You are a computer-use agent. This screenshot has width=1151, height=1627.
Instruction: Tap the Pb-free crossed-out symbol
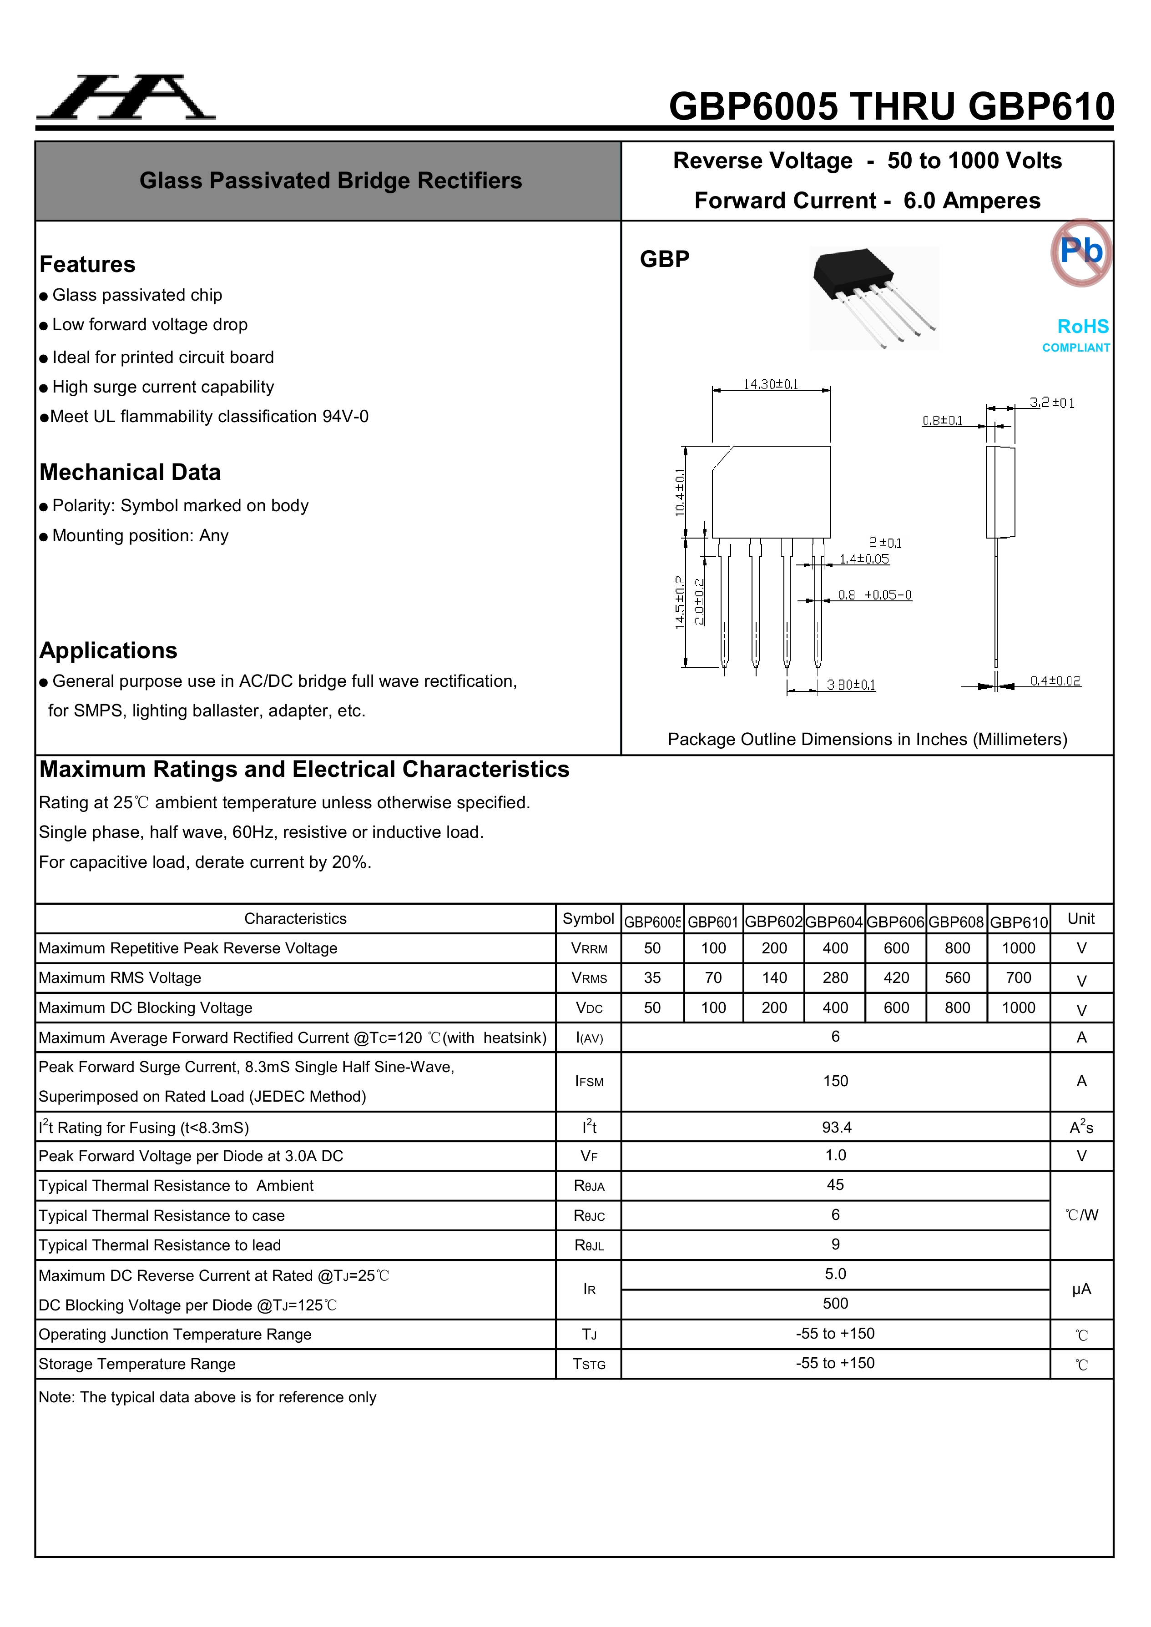pyautogui.click(x=1081, y=252)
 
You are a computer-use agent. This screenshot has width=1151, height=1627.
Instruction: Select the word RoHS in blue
pyautogui.click(x=1082, y=327)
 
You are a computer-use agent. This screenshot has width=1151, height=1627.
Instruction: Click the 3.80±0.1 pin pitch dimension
pyautogui.click(x=850, y=685)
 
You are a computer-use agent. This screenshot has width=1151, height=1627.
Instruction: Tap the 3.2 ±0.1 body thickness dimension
pyautogui.click(x=1052, y=403)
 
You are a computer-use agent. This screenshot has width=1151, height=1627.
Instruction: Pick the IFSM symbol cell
pyautogui.click(x=589, y=1081)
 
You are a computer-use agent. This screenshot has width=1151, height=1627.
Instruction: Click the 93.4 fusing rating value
pyautogui.click(x=836, y=1128)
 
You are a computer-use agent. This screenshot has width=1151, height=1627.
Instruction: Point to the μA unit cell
pyautogui.click(x=1081, y=1290)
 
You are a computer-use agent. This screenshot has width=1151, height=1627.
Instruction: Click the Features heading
pyautogui.click(x=87, y=264)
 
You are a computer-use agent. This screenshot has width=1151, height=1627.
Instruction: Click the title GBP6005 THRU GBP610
pyautogui.click(x=891, y=106)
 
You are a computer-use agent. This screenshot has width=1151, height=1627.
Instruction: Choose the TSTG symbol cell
pyautogui.click(x=589, y=1364)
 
